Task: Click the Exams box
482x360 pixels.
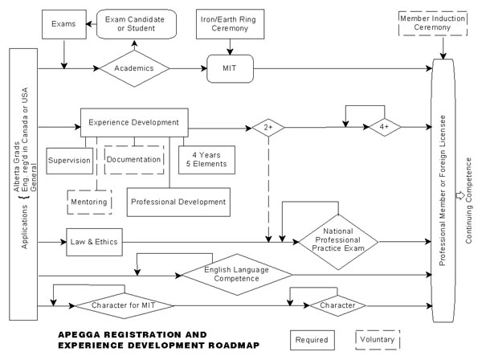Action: pos(64,24)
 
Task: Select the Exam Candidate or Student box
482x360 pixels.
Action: pos(137,24)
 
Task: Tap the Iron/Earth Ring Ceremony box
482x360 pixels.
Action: pos(230,24)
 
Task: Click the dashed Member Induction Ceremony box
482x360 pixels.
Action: pos(433,23)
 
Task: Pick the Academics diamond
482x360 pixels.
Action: pos(134,68)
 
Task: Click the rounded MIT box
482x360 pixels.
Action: pos(230,68)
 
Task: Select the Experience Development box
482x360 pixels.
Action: pos(134,122)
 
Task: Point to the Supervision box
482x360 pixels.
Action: pos(69,161)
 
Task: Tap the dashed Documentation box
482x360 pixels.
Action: pos(134,160)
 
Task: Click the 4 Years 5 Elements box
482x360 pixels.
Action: pos(206,160)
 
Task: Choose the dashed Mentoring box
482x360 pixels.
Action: pos(89,202)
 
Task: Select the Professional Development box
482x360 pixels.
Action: pos(178,202)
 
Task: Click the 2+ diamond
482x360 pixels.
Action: pos(268,127)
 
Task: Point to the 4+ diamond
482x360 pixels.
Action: pos(385,127)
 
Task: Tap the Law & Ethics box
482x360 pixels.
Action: pos(94,242)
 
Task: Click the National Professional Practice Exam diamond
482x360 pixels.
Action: pos(338,242)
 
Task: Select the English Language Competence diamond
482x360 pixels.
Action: pos(237,275)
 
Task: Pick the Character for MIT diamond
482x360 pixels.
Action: pos(125,305)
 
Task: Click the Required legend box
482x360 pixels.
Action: pos(312,340)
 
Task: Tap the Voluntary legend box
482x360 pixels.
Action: pos(378,340)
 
